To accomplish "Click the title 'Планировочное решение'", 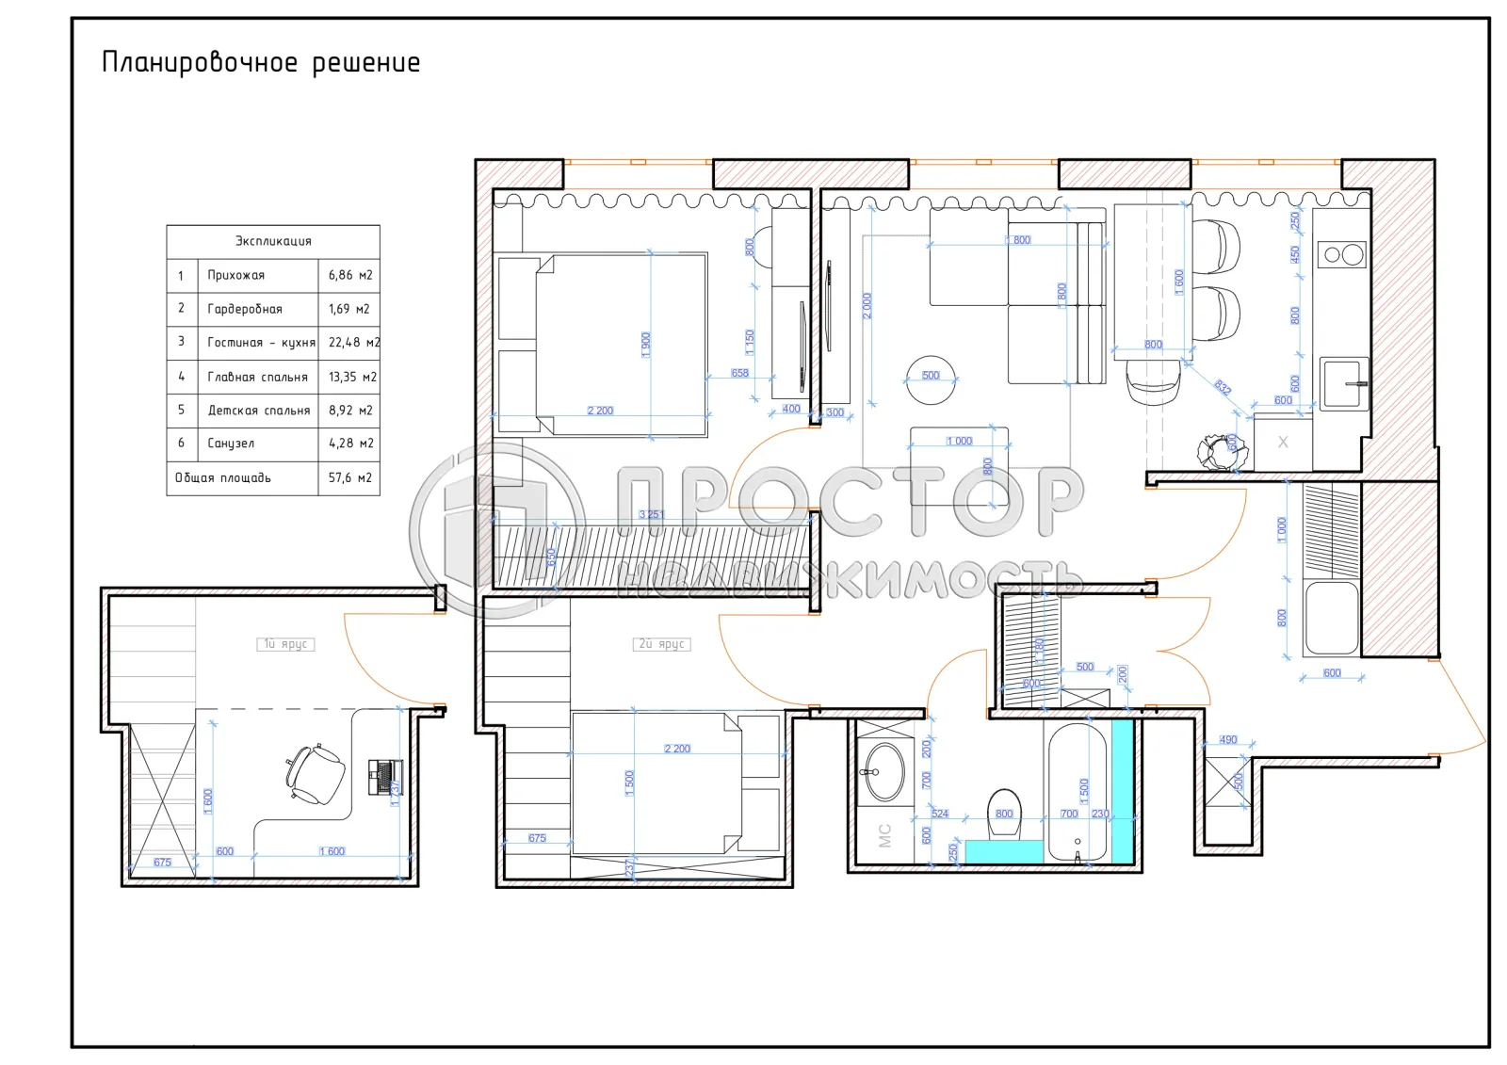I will pyautogui.click(x=261, y=63).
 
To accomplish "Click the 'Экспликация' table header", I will pyautogui.click(x=273, y=241).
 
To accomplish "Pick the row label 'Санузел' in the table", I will pyautogui.click(x=231, y=444).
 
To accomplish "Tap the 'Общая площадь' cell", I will pyautogui.click(x=223, y=478).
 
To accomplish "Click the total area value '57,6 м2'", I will pyautogui.click(x=349, y=478).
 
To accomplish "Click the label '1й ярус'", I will pyautogui.click(x=285, y=644).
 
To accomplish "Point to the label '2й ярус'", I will pyautogui.click(x=663, y=644).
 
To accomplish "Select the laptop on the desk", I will pyautogui.click(x=383, y=776).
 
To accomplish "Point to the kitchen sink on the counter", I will pyautogui.click(x=1343, y=383).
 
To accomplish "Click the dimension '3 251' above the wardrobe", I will pyautogui.click(x=651, y=514).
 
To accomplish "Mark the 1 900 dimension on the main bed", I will pyautogui.click(x=646, y=344).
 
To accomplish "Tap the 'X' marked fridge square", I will pyautogui.click(x=1283, y=443).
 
